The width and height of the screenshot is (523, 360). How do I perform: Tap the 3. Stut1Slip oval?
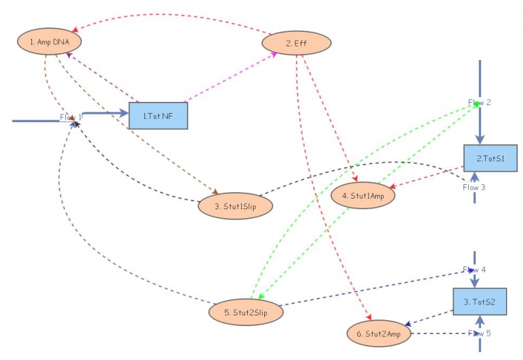(x=235, y=206)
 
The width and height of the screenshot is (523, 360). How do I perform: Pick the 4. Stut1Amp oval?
(x=363, y=194)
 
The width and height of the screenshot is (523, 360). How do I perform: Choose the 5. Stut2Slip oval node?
(x=246, y=312)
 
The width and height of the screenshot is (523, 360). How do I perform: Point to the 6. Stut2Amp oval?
(x=379, y=333)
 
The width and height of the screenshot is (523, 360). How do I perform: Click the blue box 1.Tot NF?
(x=158, y=116)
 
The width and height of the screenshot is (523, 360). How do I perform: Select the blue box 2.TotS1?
(x=488, y=158)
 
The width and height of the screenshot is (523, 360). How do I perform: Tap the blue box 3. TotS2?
(x=480, y=302)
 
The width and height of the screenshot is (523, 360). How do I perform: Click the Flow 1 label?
(x=71, y=118)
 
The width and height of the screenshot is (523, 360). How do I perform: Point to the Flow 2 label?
(x=479, y=102)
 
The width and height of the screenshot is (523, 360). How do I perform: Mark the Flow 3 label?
(x=474, y=187)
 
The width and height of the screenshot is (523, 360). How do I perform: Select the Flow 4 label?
(x=474, y=269)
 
